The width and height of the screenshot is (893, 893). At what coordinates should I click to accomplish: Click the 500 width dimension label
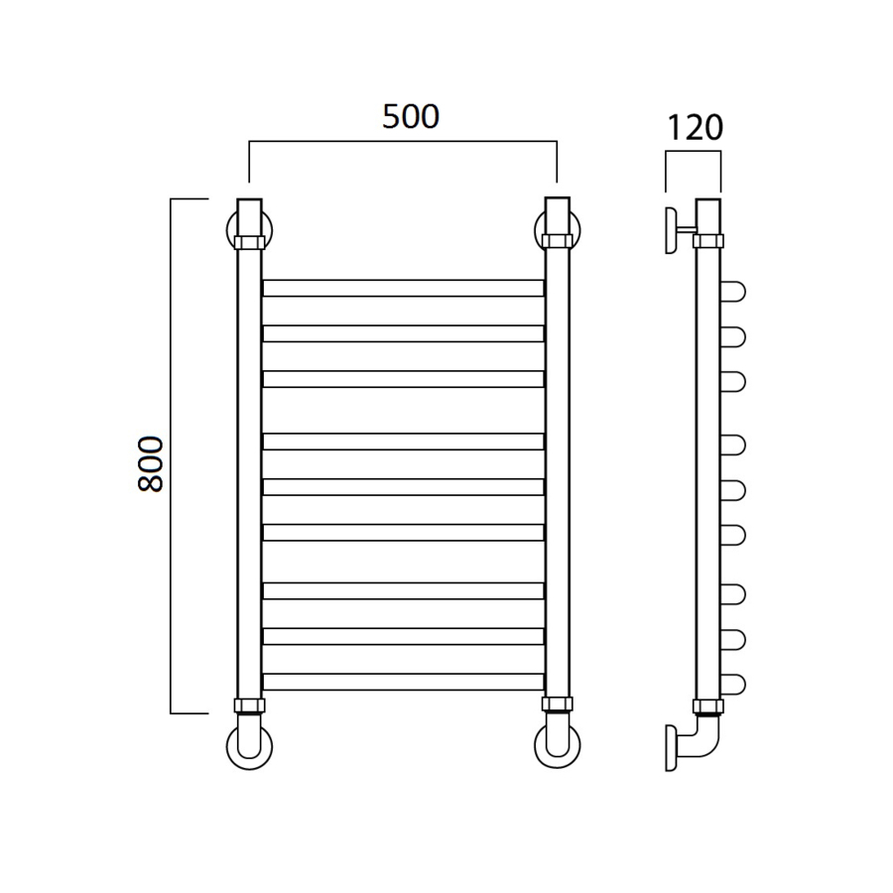tap(411, 117)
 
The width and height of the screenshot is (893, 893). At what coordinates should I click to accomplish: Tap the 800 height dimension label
tap(151, 464)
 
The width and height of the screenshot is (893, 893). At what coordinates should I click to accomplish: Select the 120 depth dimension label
tap(695, 128)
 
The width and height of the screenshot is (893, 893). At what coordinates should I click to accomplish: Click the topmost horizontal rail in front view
tap(403, 288)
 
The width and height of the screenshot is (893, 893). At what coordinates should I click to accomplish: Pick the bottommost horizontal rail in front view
tap(403, 682)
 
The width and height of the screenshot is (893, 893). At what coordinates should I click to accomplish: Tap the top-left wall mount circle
tap(229, 230)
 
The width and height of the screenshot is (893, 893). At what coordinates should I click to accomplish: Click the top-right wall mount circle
tap(578, 230)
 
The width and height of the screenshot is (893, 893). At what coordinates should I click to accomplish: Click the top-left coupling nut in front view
tap(249, 242)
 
